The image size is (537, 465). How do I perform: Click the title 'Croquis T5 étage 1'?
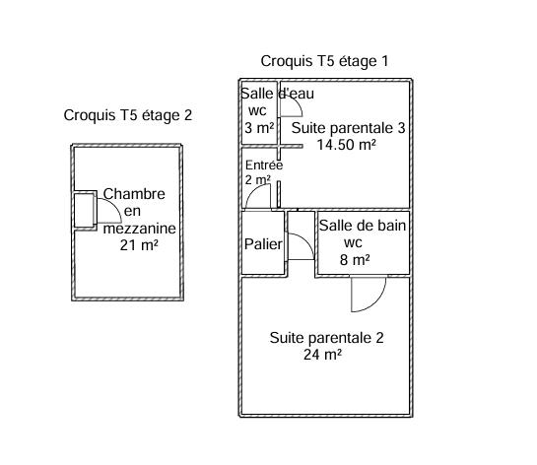324,61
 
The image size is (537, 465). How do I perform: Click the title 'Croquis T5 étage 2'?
127,115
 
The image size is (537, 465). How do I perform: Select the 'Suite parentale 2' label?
326,338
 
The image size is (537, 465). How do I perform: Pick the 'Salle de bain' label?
363,226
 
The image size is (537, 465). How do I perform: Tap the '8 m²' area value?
355,260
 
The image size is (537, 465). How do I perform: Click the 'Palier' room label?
263,244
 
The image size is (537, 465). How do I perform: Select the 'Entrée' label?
263,166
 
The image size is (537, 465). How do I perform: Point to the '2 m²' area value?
257,180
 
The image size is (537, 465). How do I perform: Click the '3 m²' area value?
258,128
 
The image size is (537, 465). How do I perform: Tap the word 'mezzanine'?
139,229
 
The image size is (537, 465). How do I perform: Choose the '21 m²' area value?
139,245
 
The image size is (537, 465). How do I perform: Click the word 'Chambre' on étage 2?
134,194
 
